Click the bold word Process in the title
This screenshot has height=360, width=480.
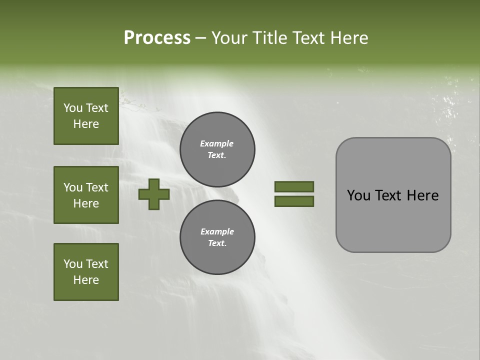157,38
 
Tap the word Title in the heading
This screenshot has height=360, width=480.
270,38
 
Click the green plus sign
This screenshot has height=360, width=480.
154,194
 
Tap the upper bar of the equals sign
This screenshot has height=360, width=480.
294,186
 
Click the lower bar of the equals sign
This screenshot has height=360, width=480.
294,201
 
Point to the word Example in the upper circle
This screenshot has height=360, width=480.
217,143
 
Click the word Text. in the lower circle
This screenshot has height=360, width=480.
217,243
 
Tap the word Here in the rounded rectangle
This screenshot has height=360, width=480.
422,195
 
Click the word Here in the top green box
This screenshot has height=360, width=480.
86,124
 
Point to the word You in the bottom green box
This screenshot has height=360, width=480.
73,264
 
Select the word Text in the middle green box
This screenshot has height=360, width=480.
97,187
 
